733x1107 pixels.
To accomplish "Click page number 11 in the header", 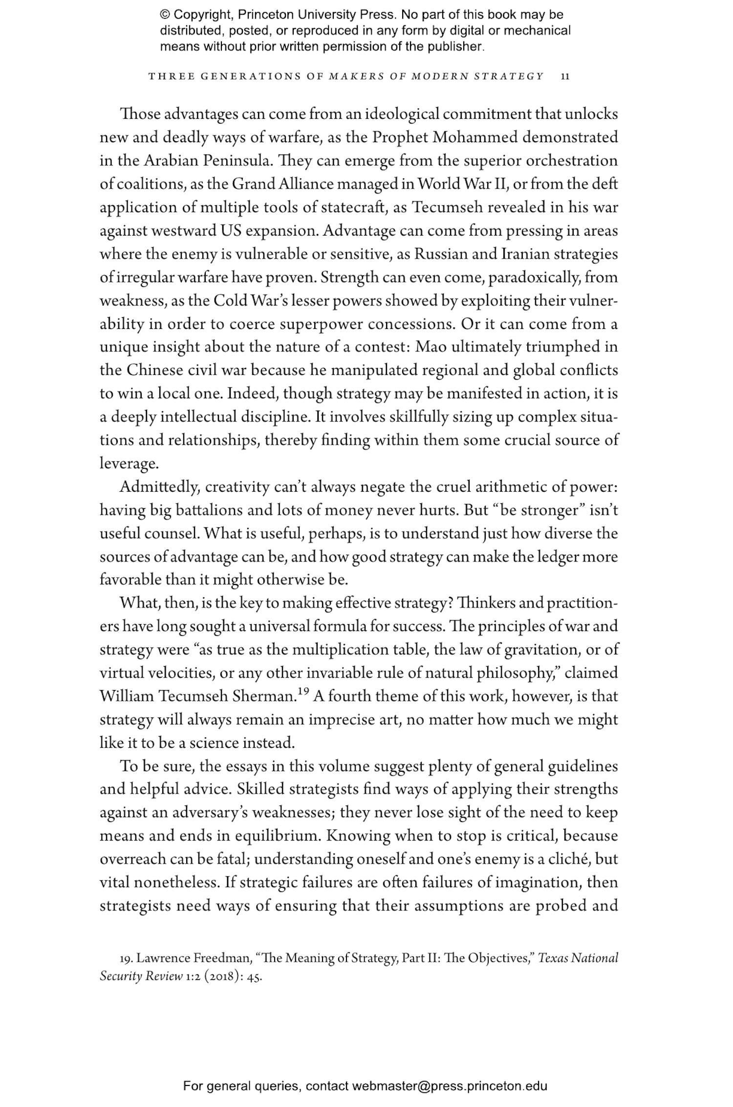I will click(x=565, y=76).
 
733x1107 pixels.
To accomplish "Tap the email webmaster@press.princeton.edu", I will click(x=449, y=1086).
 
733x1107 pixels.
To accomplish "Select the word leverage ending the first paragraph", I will click(x=129, y=464).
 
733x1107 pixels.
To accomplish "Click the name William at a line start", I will click(x=127, y=696).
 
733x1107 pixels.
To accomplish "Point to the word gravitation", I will click(x=538, y=650).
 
